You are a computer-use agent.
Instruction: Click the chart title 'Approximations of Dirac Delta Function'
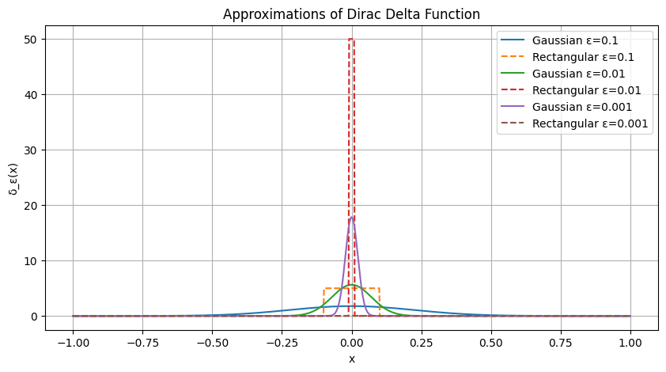coord(351,14)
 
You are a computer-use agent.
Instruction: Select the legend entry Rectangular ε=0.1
coord(583,57)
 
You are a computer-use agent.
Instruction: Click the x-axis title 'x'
coord(351,359)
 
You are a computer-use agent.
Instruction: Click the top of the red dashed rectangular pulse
coord(351,40)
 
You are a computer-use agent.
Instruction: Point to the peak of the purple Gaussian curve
coord(351,218)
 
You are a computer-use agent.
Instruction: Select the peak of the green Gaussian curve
coord(351,285)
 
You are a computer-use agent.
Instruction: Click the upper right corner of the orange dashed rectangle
coord(380,288)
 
